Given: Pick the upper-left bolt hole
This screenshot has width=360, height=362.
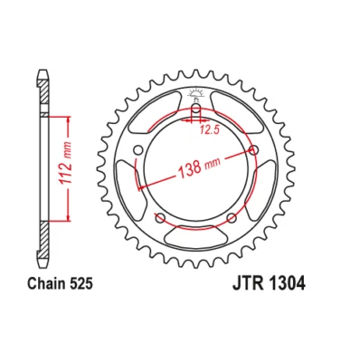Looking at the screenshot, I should point(137,151).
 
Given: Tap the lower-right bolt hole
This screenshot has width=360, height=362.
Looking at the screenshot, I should point(232,219).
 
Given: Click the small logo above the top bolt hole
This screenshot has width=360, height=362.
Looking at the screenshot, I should point(195,94).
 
